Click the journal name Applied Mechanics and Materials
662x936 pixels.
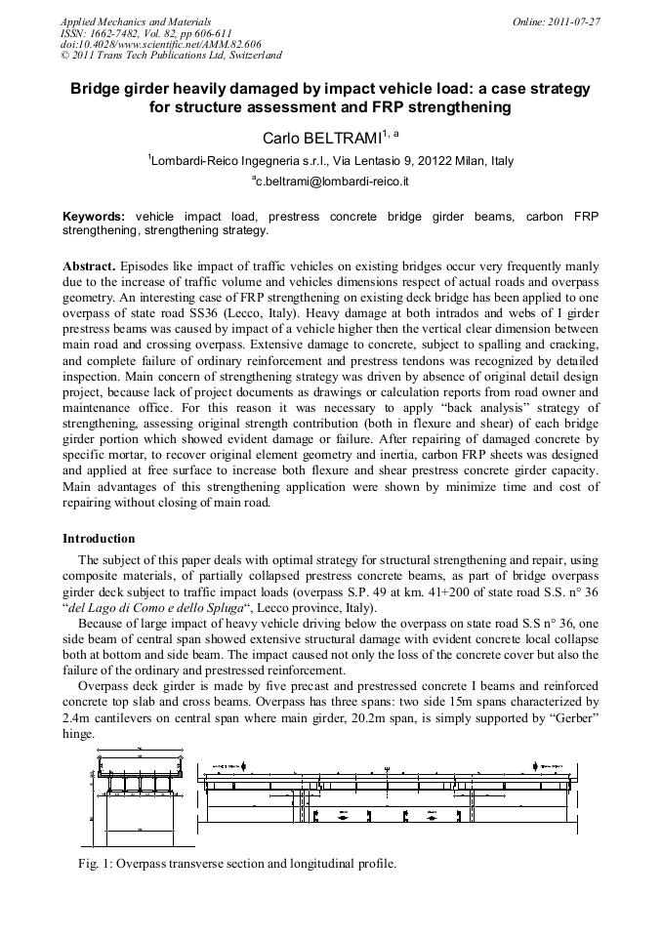coord(136,20)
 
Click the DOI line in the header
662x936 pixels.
coord(147,44)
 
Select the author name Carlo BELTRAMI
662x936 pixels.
coord(325,138)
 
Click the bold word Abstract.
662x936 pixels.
coord(89,266)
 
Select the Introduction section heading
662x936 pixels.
coord(99,539)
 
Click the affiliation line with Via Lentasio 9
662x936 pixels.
coord(332,161)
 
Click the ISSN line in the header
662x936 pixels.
coord(145,32)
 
